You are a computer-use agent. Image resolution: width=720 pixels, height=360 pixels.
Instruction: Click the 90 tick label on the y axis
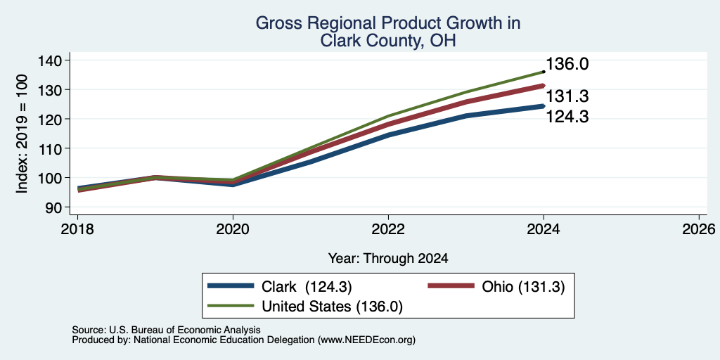coord(53,207)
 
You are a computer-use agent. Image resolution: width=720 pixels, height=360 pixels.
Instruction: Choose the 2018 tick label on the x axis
coord(77,229)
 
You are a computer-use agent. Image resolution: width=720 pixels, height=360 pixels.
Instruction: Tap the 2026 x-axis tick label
coord(699,229)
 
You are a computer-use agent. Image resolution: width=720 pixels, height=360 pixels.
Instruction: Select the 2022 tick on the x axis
coord(388,229)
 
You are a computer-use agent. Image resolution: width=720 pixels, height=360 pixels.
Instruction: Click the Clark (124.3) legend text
coord(307,287)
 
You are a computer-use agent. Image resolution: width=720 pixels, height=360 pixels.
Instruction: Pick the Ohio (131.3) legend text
coord(523,287)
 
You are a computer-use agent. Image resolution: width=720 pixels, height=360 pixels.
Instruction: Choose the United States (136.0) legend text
coord(332,307)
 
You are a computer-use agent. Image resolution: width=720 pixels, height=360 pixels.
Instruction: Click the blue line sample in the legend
coord(231,286)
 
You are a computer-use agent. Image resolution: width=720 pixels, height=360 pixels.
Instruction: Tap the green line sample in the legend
coord(231,306)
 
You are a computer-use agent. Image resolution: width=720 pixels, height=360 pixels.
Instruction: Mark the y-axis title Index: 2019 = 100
coord(22,134)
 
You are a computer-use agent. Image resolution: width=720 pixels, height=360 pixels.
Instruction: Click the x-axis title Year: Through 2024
coord(388,259)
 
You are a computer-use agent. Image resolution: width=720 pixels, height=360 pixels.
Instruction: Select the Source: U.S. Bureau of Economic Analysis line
coord(166,330)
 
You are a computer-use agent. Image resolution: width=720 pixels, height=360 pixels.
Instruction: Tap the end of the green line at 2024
coord(544,72)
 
